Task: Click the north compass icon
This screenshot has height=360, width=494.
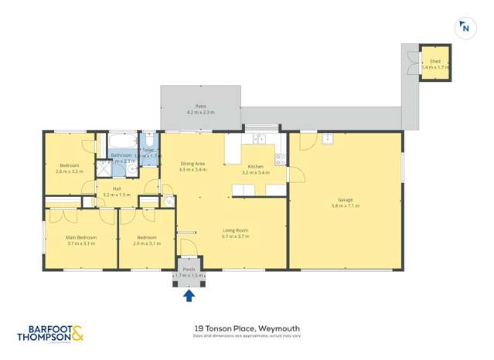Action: pyautogui.click(x=464, y=28)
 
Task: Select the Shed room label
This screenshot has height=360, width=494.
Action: pyautogui.click(x=434, y=61)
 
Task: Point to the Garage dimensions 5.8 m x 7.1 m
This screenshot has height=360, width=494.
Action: pyautogui.click(x=346, y=205)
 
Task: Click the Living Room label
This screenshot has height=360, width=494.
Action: pyautogui.click(x=234, y=230)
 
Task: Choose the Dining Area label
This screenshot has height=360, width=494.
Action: pyautogui.click(x=192, y=163)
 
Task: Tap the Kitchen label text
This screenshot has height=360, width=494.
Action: pyautogui.click(x=255, y=167)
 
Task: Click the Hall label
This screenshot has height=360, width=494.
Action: pyautogui.click(x=117, y=188)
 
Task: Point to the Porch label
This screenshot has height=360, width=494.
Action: pyautogui.click(x=189, y=270)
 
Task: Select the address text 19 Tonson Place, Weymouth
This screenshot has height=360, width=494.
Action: pyautogui.click(x=247, y=328)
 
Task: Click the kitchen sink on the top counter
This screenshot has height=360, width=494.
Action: pyautogui.click(x=261, y=139)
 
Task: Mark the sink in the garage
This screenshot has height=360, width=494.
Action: pyautogui.click(x=328, y=139)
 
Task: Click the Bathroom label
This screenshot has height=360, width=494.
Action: pyautogui.click(x=121, y=155)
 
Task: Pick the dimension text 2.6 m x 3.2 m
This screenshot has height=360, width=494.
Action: pyautogui.click(x=70, y=172)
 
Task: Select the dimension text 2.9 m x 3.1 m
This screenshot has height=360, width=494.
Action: pyautogui.click(x=146, y=243)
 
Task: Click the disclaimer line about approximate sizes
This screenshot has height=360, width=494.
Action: pyautogui.click(x=247, y=336)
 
